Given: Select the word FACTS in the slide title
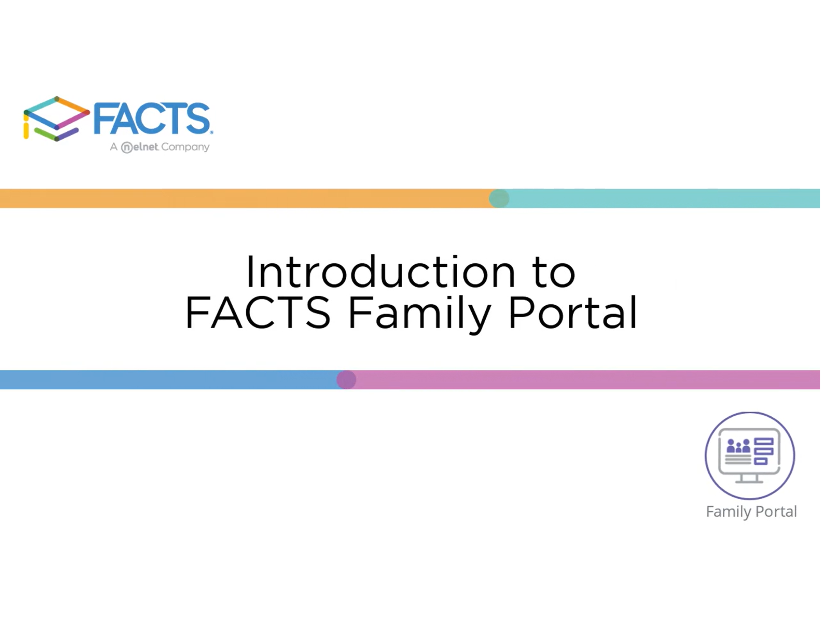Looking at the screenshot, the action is tap(258, 313).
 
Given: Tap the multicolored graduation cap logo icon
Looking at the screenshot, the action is tap(56, 119).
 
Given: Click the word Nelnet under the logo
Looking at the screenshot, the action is tap(140, 147).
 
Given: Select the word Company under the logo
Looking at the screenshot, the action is tap(185, 147).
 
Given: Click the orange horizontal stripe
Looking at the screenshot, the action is tap(247, 198).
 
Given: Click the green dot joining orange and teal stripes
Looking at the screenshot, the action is tap(499, 198).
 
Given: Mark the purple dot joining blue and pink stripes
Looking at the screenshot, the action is tap(346, 379).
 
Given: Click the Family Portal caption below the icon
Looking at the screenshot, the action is tap(751, 512).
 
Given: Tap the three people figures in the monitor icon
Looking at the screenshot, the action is tap(738, 446).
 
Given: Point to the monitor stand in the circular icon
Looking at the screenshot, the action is tap(749, 479).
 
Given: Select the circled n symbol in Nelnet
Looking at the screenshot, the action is tap(127, 147).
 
